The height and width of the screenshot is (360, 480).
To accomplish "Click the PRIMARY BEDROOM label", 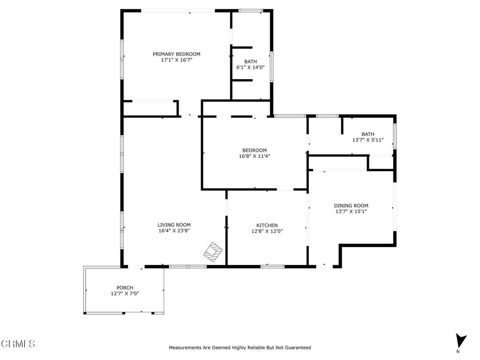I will [x=176, y=54].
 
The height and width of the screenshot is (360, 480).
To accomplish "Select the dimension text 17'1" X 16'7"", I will [x=176, y=60].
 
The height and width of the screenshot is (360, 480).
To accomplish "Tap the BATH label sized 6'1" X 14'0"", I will [x=250, y=61].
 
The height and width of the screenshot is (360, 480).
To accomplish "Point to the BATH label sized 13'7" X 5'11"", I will [x=367, y=134].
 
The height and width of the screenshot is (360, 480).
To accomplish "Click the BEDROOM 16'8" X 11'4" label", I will [x=254, y=150].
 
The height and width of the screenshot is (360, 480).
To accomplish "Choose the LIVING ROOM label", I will [x=174, y=225].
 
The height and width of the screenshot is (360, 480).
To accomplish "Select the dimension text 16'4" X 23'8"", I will [x=174, y=231].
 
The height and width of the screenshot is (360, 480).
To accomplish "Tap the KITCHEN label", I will [x=267, y=225].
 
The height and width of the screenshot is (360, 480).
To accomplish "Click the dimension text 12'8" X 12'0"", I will [x=267, y=231].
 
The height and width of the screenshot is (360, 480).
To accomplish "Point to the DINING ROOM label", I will [x=351, y=206].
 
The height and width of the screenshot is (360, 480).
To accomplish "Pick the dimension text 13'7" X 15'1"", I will [x=351, y=211].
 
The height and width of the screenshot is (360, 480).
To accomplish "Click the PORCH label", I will [x=125, y=288].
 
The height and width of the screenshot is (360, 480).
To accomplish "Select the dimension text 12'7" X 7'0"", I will [x=125, y=293].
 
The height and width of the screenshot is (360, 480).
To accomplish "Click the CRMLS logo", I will [x=18, y=344].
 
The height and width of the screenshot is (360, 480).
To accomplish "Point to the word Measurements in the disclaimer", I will [x=185, y=348].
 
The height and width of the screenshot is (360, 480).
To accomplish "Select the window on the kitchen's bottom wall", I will [x=272, y=267].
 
